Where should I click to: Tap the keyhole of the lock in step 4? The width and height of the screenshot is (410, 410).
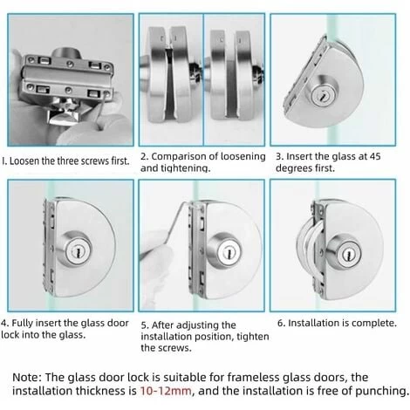click(x=78, y=251)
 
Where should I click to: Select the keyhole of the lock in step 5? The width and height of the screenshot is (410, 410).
click(x=229, y=253)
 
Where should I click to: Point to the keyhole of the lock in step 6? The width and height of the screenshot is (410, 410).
click(x=348, y=255)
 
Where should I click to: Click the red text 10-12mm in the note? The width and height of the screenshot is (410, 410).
click(x=166, y=391)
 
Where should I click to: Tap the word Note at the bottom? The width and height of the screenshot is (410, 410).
click(x=28, y=377)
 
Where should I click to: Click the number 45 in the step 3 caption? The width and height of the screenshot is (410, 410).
click(x=375, y=156)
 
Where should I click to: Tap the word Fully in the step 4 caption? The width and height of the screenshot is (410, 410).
click(x=22, y=323)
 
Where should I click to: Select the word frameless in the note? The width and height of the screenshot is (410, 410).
click(x=253, y=377)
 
